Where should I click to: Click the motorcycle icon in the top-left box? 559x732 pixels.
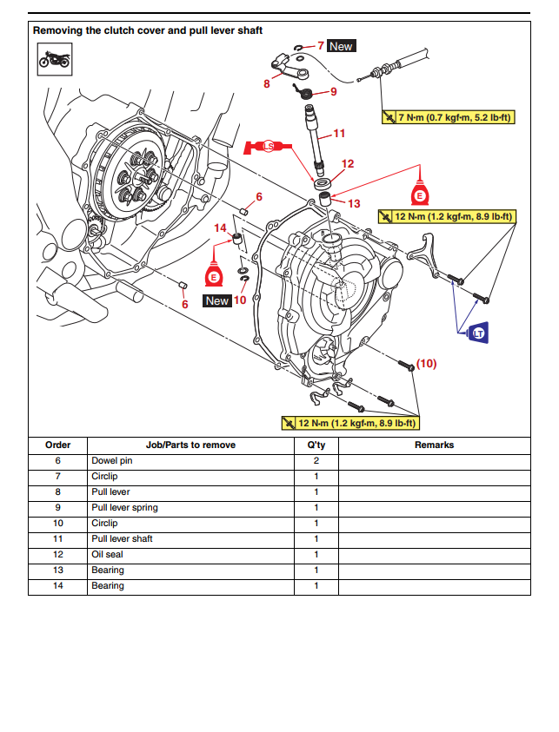tap(54, 59)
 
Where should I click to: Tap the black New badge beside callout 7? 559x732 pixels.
tap(341, 46)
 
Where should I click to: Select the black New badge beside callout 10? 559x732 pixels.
tap(216, 300)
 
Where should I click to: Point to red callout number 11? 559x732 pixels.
tap(339, 134)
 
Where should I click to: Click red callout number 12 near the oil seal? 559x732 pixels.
tap(348, 163)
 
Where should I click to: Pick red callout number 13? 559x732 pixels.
tap(353, 203)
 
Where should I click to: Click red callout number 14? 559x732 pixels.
tap(221, 228)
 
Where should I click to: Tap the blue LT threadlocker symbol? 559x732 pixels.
tap(476, 333)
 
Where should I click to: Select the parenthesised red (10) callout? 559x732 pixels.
tap(426, 364)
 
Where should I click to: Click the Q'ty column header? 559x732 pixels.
tap(316, 445)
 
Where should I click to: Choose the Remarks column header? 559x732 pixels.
tap(434, 445)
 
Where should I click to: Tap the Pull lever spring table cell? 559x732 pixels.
tap(124, 508)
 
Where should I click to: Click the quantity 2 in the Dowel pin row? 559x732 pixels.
tap(316, 461)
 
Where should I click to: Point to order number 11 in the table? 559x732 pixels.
tap(57, 539)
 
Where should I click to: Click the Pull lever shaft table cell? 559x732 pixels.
tap(122, 539)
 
